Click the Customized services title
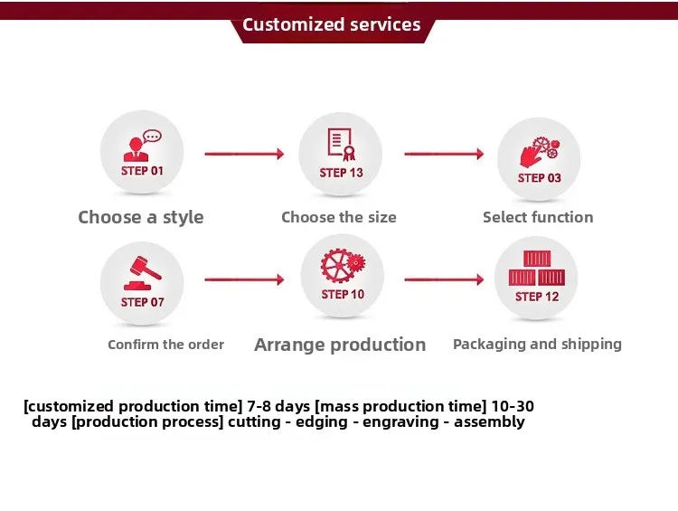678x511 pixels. (x=331, y=24)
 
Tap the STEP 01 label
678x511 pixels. (x=142, y=171)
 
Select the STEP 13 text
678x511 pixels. (x=341, y=173)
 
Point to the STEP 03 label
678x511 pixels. (x=539, y=178)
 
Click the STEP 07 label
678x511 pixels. (x=142, y=302)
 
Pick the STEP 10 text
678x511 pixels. (x=343, y=294)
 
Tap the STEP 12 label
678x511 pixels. (x=537, y=297)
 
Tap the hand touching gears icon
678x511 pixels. (x=539, y=152)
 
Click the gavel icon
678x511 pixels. (x=142, y=273)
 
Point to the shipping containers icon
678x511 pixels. (x=537, y=269)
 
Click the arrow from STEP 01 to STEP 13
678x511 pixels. (x=244, y=154)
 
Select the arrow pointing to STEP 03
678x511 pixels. (x=444, y=154)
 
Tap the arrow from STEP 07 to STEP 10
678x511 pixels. (x=244, y=279)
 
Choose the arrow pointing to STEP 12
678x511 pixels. (x=444, y=279)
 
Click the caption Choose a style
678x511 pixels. (x=140, y=218)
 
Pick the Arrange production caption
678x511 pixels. (x=340, y=345)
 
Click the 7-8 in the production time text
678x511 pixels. (x=258, y=406)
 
